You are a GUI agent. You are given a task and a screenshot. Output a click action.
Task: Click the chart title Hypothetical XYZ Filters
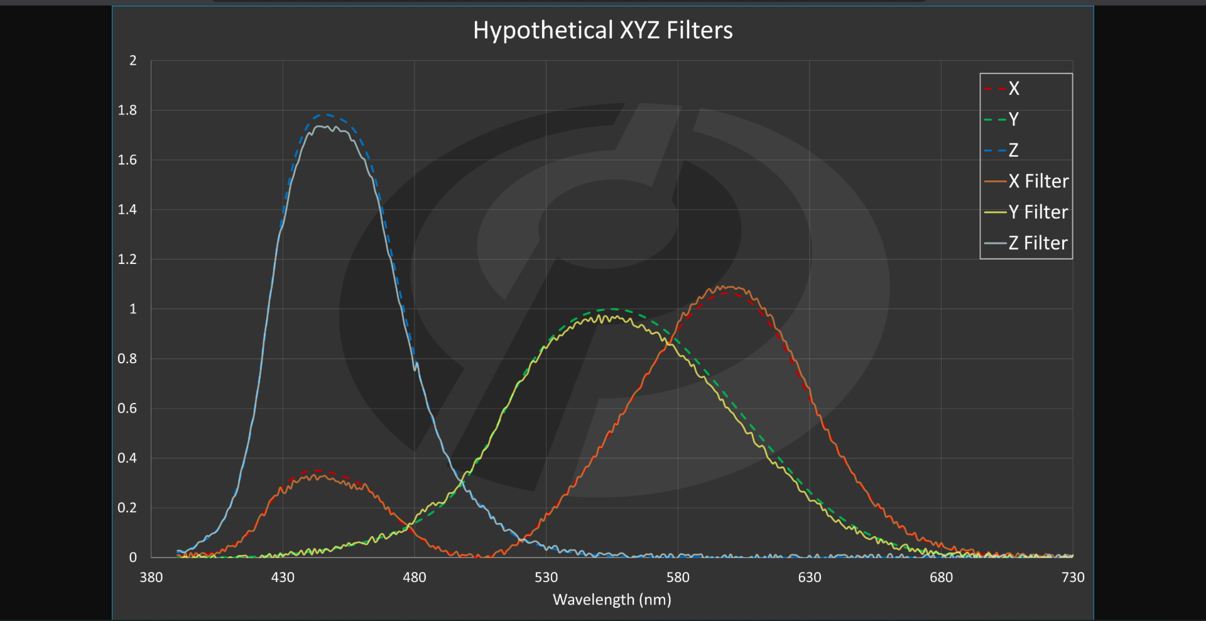click(x=602, y=30)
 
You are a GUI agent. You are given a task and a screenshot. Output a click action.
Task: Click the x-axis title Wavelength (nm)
click(x=612, y=600)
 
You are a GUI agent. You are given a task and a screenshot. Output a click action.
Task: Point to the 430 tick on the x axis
click(x=283, y=577)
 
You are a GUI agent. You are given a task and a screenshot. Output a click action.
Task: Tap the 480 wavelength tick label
click(x=414, y=577)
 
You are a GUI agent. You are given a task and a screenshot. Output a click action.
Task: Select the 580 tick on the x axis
click(x=678, y=577)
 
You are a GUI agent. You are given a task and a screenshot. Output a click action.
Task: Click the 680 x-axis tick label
click(x=941, y=577)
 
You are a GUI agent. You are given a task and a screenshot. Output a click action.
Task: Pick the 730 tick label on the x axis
click(x=1072, y=577)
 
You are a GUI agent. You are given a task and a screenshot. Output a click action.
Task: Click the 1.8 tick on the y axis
click(x=128, y=111)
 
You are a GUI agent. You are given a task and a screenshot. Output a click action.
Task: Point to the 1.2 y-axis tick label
click(x=128, y=260)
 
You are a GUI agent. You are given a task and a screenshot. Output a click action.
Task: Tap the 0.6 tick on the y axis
click(x=128, y=409)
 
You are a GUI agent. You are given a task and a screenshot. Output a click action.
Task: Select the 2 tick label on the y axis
click(x=133, y=61)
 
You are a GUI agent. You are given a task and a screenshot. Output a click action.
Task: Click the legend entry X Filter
click(x=1038, y=181)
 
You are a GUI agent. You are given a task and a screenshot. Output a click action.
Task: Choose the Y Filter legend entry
click(x=1038, y=212)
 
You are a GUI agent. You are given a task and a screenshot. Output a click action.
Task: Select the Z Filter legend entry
click(x=1038, y=243)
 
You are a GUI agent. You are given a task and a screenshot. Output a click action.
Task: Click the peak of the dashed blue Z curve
click(x=325, y=114)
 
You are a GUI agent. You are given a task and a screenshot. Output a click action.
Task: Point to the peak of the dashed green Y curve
click(x=613, y=309)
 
